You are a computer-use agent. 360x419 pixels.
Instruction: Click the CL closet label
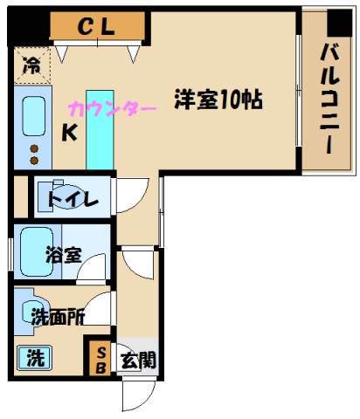pyautogui.click(x=96, y=27)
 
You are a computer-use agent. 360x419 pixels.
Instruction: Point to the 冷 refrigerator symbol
pyautogui.click(x=31, y=64)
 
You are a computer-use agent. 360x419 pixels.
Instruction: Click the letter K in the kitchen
pyautogui.click(x=67, y=134)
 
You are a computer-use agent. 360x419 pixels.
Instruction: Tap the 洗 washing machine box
pyautogui.click(x=32, y=357)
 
